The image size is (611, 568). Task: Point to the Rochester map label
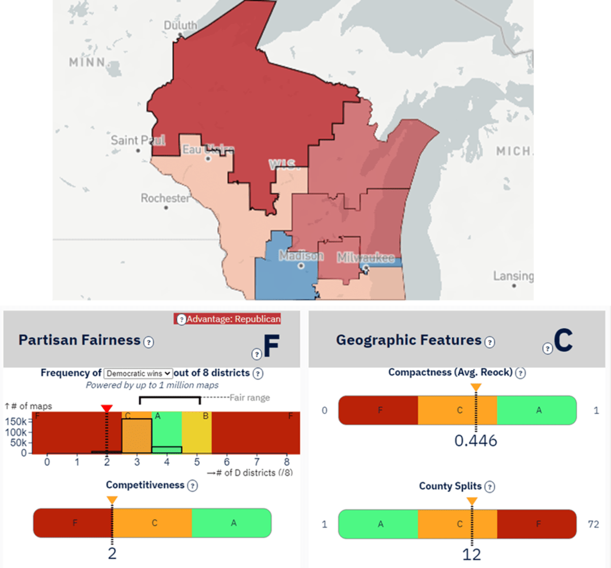pyautogui.click(x=165, y=198)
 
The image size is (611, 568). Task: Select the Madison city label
pyautogui.click(x=301, y=256)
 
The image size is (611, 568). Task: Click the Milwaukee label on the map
pyautogui.click(x=365, y=258)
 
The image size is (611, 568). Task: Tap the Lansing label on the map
pyautogui.click(x=513, y=276)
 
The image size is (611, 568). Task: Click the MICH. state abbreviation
pyautogui.click(x=513, y=151)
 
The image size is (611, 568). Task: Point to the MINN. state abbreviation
pyautogui.click(x=87, y=62)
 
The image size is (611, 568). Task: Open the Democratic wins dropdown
pyautogui.click(x=138, y=373)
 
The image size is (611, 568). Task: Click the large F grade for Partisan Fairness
pyautogui.click(x=271, y=347)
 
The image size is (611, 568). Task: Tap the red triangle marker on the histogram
pyautogui.click(x=106, y=409)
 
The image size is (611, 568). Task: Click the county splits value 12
pyautogui.click(x=472, y=554)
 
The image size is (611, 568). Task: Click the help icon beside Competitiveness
pyautogui.click(x=192, y=486)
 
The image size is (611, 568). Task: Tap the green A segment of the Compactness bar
pyautogui.click(x=537, y=410)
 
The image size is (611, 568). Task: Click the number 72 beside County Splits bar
pyautogui.click(x=593, y=524)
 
